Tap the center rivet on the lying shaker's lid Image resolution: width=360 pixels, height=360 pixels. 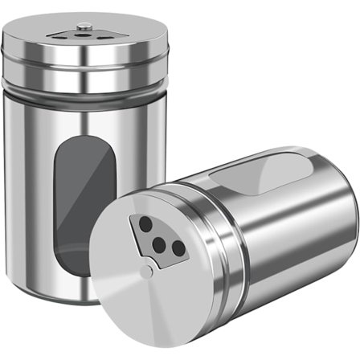pos(145,273)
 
